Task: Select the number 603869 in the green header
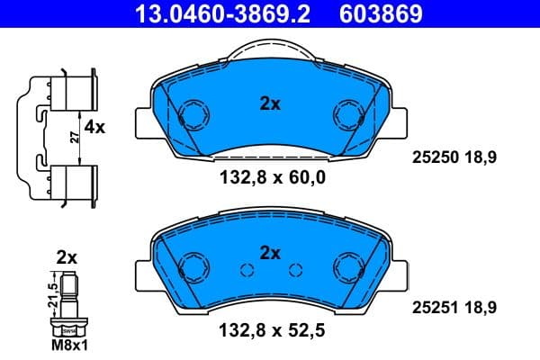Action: point(380,14)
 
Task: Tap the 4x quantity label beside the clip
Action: point(94,128)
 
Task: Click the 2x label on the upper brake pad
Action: point(270,103)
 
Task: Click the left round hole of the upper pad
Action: point(192,114)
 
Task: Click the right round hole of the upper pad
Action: point(347,114)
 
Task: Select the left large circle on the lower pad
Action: point(192,266)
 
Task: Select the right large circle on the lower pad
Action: point(347,266)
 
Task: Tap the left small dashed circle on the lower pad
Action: point(246,270)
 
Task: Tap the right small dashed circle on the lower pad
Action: point(293,270)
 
